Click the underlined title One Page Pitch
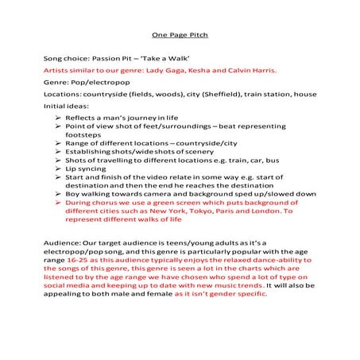point(180,35)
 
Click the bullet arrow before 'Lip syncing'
point(59,169)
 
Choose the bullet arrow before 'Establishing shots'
point(59,148)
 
